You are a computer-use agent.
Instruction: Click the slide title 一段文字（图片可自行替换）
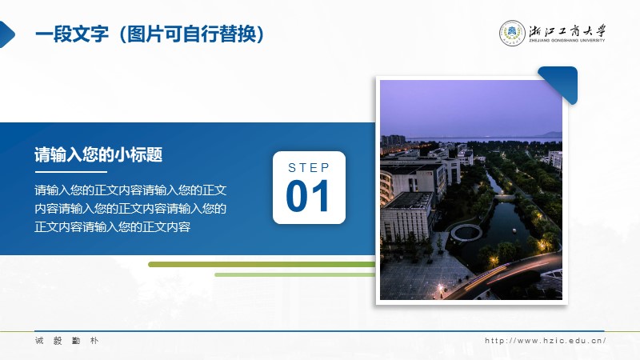[150, 34]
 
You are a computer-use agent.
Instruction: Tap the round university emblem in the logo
[512, 33]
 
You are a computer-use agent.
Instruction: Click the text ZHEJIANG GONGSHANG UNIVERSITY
[567, 41]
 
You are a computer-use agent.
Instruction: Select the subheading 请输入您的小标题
[98, 154]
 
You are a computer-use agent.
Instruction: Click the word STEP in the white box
[309, 168]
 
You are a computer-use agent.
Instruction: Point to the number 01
[308, 196]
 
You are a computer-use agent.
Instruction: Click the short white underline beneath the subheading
[70, 171]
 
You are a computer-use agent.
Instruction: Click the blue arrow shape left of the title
[7, 34]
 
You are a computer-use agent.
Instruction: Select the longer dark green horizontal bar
[262, 265]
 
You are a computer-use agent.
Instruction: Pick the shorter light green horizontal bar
[294, 274]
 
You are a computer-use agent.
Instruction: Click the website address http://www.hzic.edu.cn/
[545, 341]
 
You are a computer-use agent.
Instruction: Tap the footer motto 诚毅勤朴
[67, 341]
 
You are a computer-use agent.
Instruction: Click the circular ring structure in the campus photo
[466, 233]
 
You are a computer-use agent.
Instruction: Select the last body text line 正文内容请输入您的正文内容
[112, 227]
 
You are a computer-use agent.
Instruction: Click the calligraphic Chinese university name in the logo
[567, 30]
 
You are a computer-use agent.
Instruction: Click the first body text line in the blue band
[130, 190]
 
